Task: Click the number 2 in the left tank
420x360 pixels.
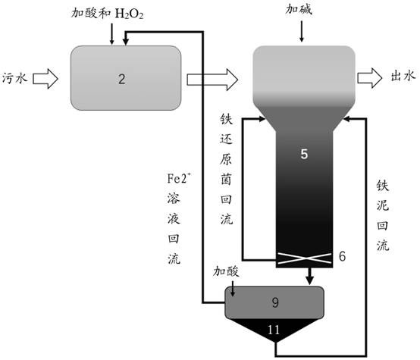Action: [121, 80]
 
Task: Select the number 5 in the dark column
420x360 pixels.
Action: [304, 154]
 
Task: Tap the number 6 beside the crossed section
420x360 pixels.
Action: [342, 256]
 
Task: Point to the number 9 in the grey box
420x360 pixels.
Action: [275, 302]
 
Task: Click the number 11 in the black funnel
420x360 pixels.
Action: [274, 330]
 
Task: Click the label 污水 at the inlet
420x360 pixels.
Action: [14, 79]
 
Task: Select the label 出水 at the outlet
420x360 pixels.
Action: [403, 76]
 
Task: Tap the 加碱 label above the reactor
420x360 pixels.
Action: [299, 10]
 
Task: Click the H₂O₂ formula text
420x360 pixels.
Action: [129, 14]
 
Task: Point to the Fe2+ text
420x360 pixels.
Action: [179, 178]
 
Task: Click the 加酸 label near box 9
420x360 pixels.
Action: [226, 272]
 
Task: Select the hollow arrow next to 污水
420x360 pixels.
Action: [45, 79]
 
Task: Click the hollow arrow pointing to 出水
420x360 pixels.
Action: [370, 78]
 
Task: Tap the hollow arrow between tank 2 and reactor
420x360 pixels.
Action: [212, 80]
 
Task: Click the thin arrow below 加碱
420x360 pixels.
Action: [302, 32]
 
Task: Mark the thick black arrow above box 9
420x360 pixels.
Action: [310, 276]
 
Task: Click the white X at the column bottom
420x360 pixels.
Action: [304, 258]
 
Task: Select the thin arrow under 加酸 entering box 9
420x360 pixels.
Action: [233, 289]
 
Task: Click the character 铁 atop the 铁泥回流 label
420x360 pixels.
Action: [383, 186]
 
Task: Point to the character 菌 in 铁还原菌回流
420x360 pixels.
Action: [226, 179]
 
